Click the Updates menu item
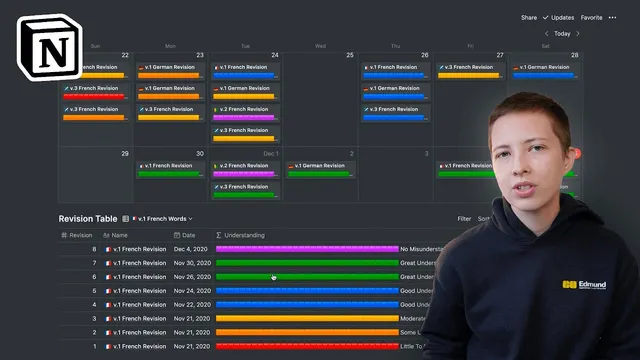562,17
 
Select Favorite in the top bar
592,17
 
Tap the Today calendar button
563,33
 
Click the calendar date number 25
349,55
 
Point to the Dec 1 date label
270,153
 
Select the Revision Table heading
88,218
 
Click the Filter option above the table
464,218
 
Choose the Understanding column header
243,235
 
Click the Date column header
188,235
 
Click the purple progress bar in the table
306,249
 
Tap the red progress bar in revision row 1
306,346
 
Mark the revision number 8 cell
94,249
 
